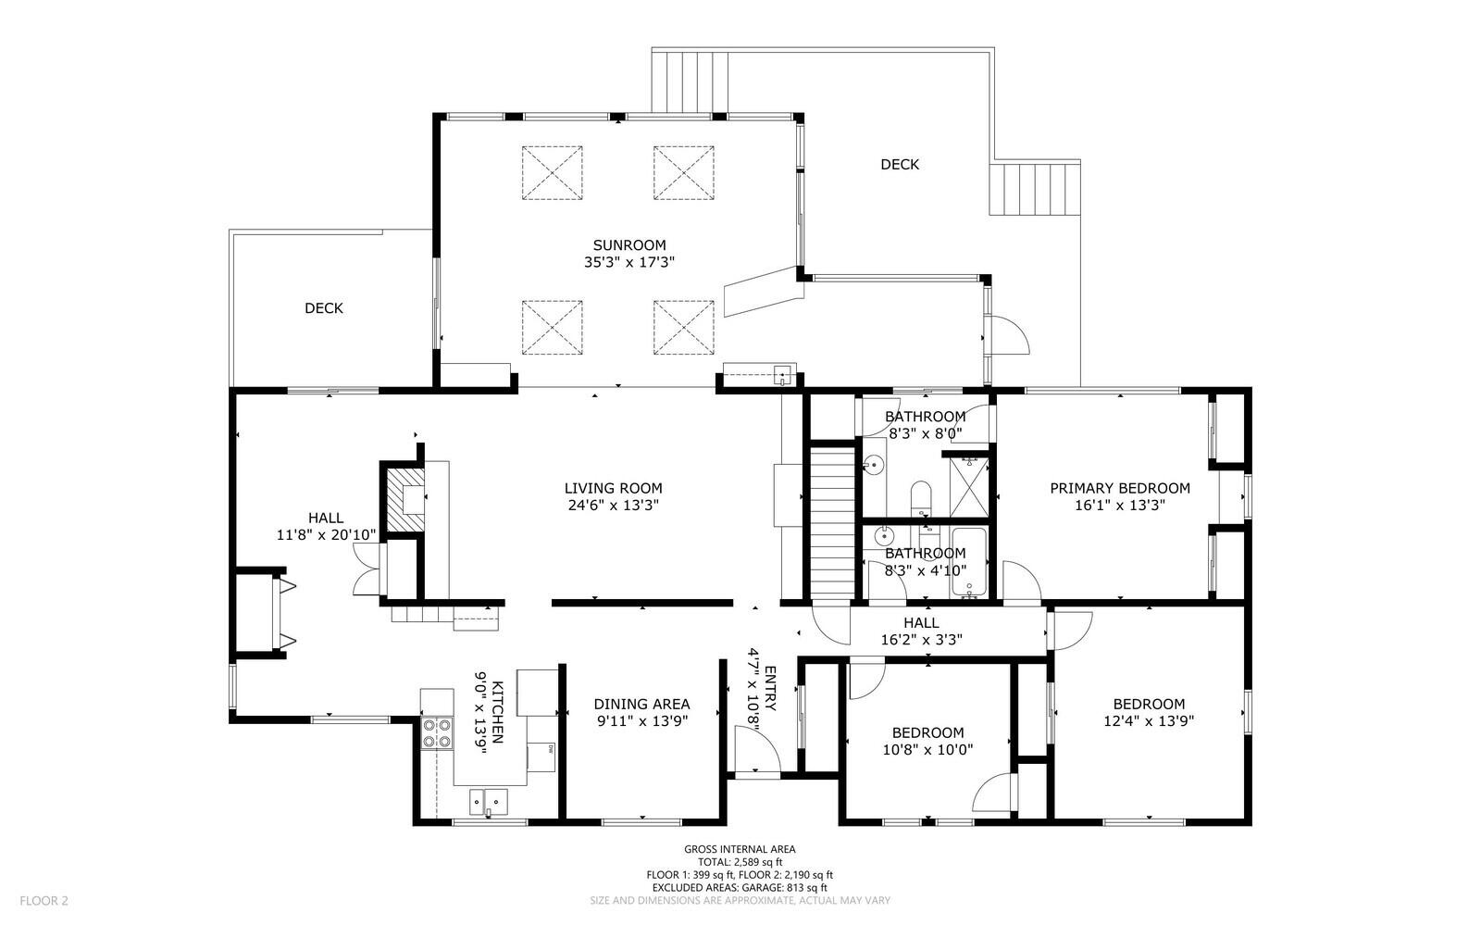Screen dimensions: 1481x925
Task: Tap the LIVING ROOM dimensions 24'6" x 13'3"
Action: [613, 506]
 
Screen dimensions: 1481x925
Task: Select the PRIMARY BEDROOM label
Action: [1120, 489]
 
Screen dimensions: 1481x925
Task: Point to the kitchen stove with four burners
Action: [437, 733]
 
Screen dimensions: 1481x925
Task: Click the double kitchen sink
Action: [489, 802]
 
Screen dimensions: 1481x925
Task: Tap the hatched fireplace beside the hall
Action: [405, 499]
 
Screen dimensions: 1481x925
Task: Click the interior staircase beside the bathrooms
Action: [832, 523]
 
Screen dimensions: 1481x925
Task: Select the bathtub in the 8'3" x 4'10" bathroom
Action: [968, 563]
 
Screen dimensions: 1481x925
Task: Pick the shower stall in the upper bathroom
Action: [968, 487]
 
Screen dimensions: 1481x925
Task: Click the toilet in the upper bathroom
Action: [920, 498]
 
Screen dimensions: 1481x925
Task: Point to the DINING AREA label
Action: [641, 705]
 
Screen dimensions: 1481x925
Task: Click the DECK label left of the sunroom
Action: [323, 308]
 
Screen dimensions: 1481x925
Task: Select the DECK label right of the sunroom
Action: [899, 165]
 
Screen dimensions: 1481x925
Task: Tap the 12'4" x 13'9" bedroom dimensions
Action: [1149, 721]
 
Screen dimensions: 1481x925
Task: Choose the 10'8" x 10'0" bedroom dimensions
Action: [927, 750]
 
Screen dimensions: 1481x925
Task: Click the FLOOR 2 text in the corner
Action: [44, 901]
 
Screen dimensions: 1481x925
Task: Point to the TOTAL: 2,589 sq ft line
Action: [740, 862]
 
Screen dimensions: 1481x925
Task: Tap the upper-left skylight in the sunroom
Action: [552, 172]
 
